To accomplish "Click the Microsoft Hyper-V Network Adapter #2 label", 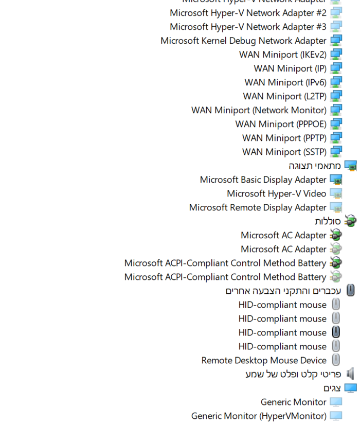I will [x=248, y=13].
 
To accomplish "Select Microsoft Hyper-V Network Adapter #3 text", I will [x=248, y=27].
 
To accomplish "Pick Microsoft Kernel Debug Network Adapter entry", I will [x=243, y=41].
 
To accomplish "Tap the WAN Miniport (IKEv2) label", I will [x=282, y=55].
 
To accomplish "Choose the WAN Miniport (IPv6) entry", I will [x=285, y=82].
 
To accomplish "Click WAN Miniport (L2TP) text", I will [x=284, y=96].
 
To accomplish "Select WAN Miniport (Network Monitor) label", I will [x=259, y=110].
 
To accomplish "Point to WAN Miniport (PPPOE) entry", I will [x=281, y=124].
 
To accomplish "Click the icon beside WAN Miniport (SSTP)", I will [x=336, y=152].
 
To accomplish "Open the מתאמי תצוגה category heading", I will [x=315, y=166].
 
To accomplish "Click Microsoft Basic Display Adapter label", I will [x=263, y=180].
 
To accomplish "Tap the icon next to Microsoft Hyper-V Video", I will [x=336, y=193].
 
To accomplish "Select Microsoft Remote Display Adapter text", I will [x=258, y=207].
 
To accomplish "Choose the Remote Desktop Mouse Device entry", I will [x=264, y=360].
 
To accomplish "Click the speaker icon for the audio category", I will [x=350, y=374].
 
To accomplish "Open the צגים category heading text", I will [x=332, y=388].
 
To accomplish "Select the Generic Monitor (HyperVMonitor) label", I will [x=259, y=416].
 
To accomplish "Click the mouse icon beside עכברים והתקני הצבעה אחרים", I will [x=350, y=291].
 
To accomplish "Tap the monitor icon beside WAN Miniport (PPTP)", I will [x=336, y=138].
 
